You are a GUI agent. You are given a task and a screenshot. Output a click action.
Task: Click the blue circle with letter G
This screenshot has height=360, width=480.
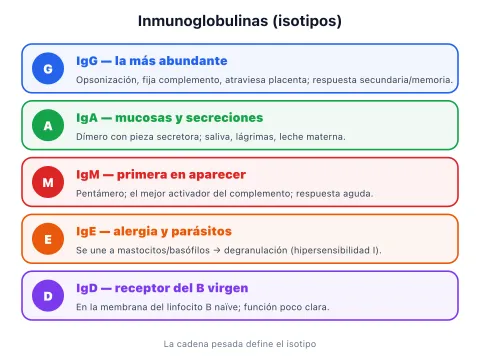(x=48, y=68)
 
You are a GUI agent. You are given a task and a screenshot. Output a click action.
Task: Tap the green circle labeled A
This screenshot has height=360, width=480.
(x=48, y=125)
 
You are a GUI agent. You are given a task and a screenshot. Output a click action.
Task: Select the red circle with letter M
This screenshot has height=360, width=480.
(x=48, y=182)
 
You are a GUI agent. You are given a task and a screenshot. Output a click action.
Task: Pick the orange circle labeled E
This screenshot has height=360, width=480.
(x=48, y=239)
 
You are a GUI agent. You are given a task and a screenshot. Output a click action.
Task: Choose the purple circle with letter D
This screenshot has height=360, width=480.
(x=48, y=296)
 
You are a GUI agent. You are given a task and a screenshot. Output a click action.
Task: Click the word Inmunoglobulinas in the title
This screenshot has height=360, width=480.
(x=203, y=21)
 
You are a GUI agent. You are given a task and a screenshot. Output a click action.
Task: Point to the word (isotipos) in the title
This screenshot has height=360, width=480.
(x=307, y=21)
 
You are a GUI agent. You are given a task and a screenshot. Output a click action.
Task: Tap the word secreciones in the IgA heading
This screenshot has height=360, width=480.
(x=224, y=118)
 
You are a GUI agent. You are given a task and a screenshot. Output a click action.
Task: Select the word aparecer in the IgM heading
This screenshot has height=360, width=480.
(x=214, y=175)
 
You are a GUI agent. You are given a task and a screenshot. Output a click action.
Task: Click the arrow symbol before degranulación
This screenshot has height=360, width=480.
(x=217, y=250)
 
